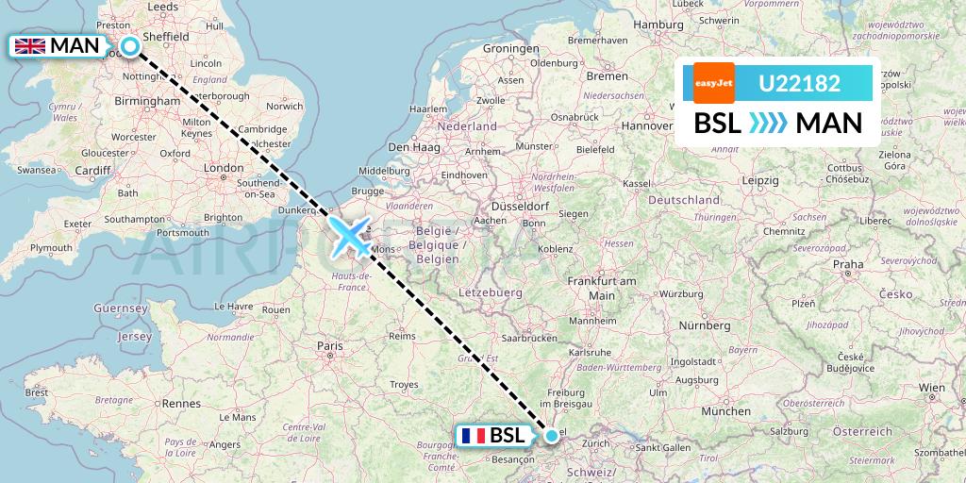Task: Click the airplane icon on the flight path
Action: click(x=351, y=236)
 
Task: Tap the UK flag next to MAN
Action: click(x=30, y=45)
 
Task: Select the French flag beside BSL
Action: click(x=474, y=436)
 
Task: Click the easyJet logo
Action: click(x=713, y=83)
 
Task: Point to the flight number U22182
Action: click(x=799, y=83)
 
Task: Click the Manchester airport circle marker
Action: click(x=129, y=45)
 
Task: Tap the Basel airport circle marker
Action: click(x=552, y=436)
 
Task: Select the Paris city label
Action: click(x=329, y=346)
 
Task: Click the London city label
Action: click(x=224, y=168)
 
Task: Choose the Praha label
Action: click(x=848, y=264)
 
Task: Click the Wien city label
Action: click(x=931, y=387)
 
